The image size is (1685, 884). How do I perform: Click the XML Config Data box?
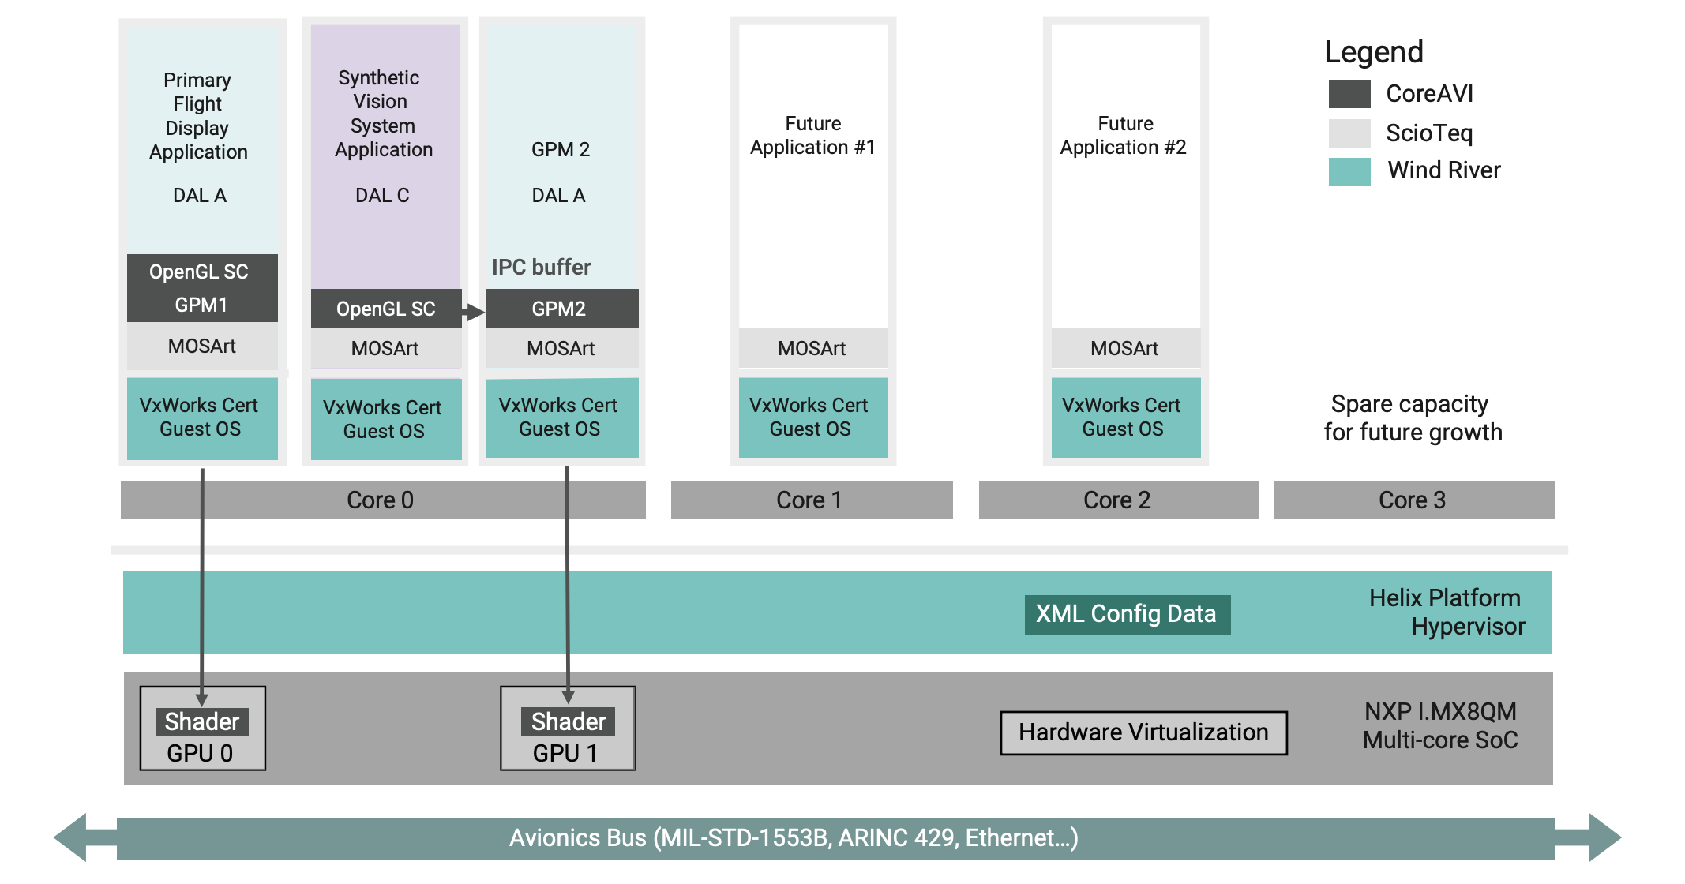tap(1127, 614)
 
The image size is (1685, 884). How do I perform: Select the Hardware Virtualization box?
tap(1143, 732)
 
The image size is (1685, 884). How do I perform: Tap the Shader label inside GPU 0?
tap(202, 721)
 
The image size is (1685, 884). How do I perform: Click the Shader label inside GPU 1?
tap(568, 721)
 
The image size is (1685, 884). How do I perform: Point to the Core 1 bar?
tap(811, 500)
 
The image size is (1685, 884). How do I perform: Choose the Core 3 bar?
tap(1413, 500)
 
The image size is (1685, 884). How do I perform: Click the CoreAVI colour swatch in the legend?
tap(1349, 94)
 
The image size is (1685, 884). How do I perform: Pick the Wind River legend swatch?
tap(1349, 171)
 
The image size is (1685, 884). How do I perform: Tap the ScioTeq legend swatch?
tap(1349, 133)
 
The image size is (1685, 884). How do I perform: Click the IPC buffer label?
tap(541, 268)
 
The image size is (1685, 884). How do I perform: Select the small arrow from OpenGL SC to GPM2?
tap(473, 312)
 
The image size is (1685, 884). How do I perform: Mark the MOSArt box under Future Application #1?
tap(812, 348)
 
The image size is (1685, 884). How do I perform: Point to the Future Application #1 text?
tap(812, 136)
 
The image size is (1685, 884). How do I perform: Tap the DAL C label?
tap(382, 196)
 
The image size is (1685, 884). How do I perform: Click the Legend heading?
tap(1373, 52)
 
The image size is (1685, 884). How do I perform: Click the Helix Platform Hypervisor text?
tap(1447, 612)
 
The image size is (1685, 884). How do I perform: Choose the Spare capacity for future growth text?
tap(1412, 418)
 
